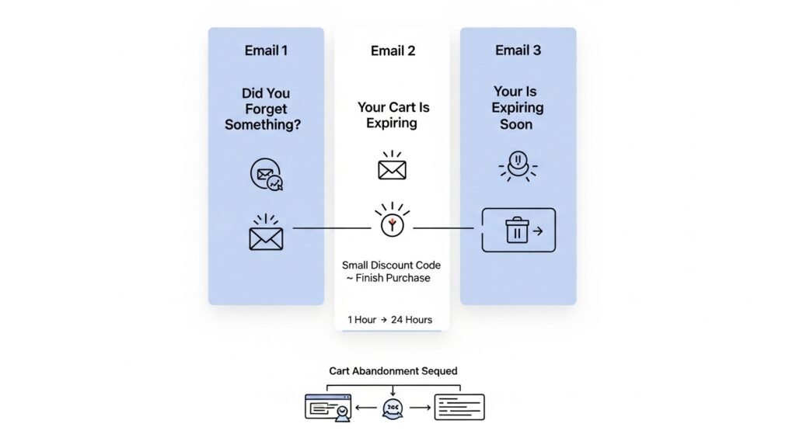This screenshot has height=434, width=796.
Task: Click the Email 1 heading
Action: click(266, 50)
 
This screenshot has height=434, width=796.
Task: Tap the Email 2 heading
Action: click(393, 51)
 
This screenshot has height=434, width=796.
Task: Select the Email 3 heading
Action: click(518, 50)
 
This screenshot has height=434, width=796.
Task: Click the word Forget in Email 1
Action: click(266, 109)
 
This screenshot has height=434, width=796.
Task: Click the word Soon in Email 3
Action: click(516, 124)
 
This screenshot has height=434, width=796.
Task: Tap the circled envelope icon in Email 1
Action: click(266, 174)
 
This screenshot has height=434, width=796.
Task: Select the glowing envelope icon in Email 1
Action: click(266, 234)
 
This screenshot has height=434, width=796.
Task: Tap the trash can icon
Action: click(516, 231)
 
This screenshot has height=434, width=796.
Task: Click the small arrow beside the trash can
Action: click(539, 231)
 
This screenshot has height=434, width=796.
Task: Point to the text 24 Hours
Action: click(411, 320)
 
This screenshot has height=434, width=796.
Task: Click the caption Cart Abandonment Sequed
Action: click(393, 371)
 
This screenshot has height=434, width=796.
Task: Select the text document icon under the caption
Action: click(459, 407)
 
